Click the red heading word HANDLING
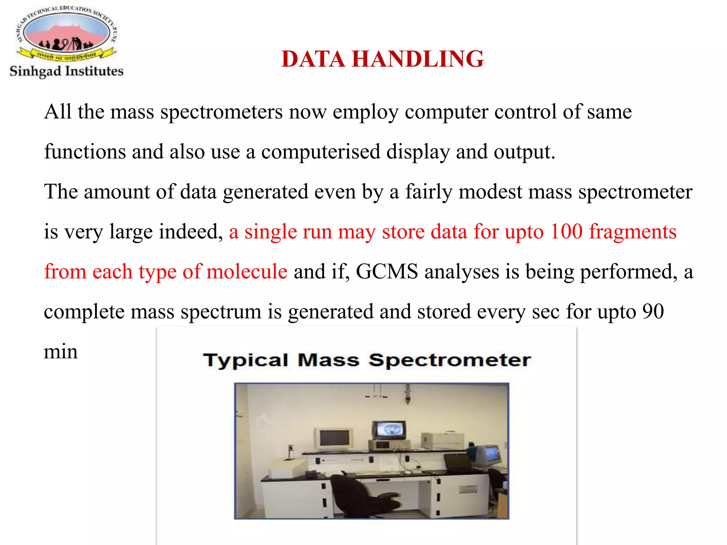(418, 59)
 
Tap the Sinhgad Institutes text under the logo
(66, 71)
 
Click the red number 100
(566, 232)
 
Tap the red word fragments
(633, 232)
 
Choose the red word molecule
(247, 272)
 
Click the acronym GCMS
(387, 272)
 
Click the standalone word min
(61, 352)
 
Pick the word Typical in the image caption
(246, 360)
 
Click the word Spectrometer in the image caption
(450, 360)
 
